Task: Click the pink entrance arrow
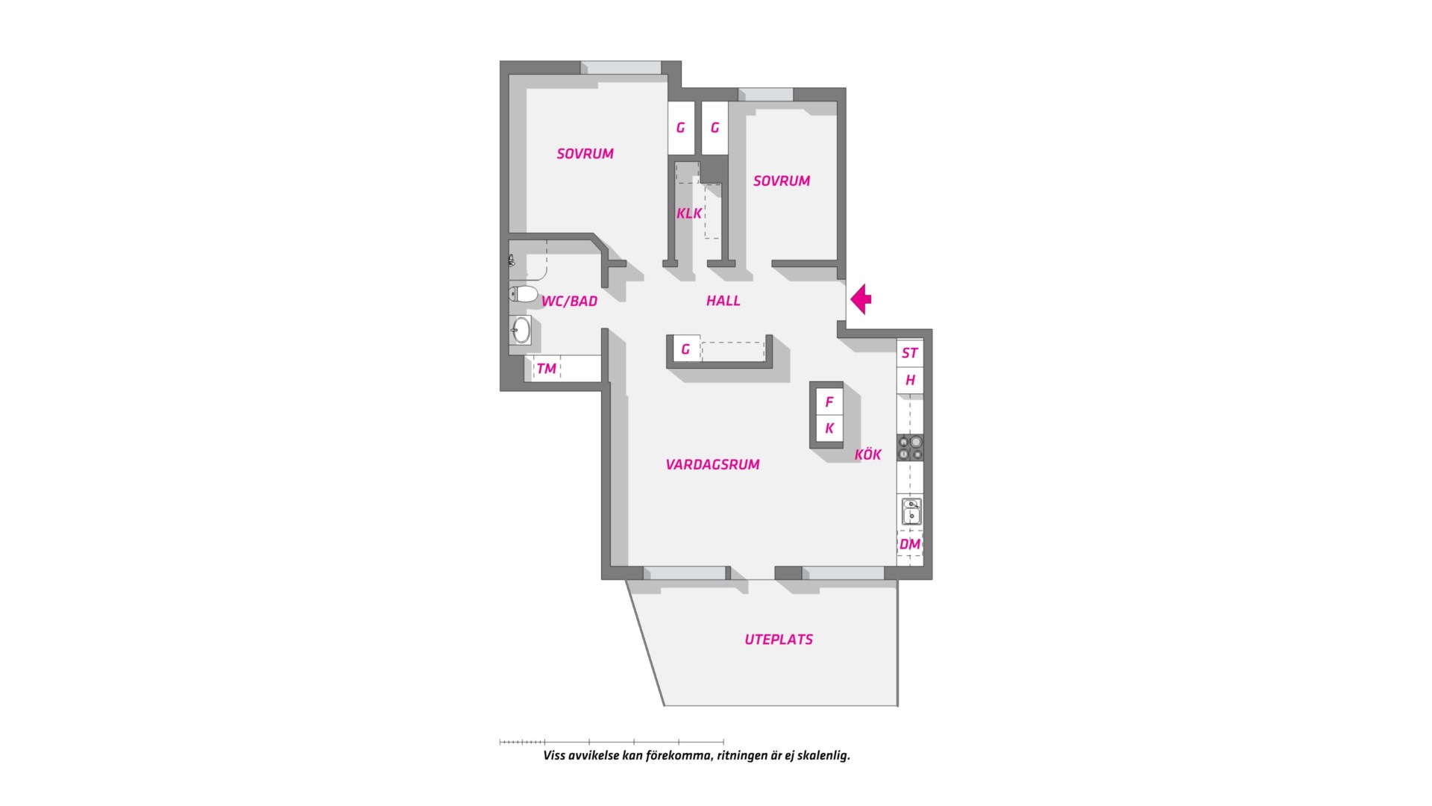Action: coord(861,299)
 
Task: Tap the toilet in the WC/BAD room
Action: coord(524,294)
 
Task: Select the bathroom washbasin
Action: coord(521,330)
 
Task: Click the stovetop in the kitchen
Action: coord(910,447)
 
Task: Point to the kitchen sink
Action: coord(911,512)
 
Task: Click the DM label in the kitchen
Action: coord(910,544)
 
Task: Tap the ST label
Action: coord(910,353)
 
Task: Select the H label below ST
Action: coord(910,381)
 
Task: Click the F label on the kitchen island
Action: coord(829,402)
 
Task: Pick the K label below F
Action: coord(829,429)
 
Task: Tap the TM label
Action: coord(546,369)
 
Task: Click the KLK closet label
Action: coord(689,213)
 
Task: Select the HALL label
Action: coord(723,301)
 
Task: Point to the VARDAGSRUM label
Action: coord(712,464)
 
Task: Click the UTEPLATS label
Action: coord(779,640)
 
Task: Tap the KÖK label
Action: coord(868,454)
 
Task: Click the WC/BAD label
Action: coord(569,302)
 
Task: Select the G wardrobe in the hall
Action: coord(685,349)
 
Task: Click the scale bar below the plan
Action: coord(612,742)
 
